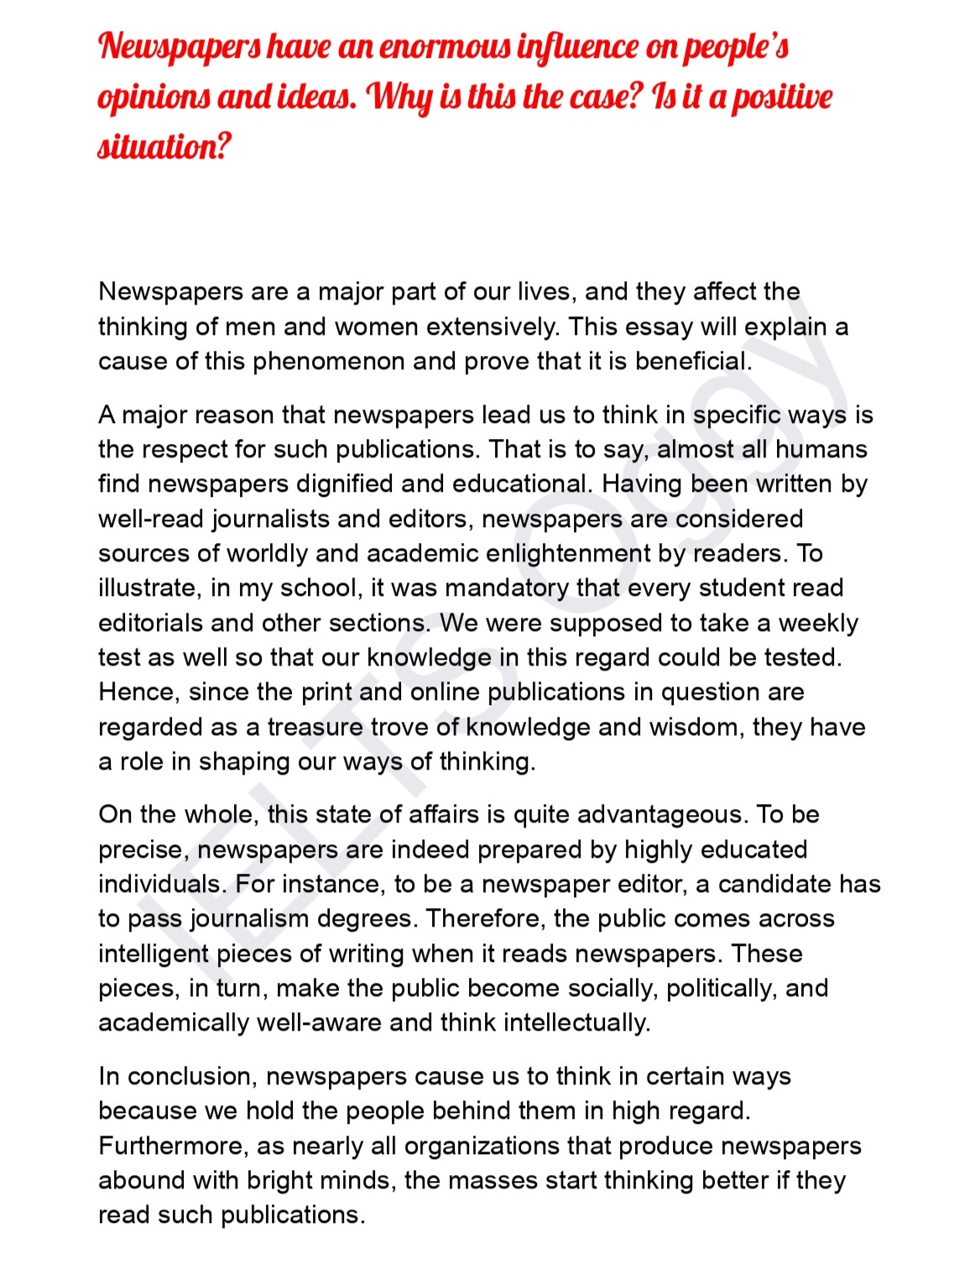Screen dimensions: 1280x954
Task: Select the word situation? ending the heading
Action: click(164, 147)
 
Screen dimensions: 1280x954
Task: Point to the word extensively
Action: click(493, 326)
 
